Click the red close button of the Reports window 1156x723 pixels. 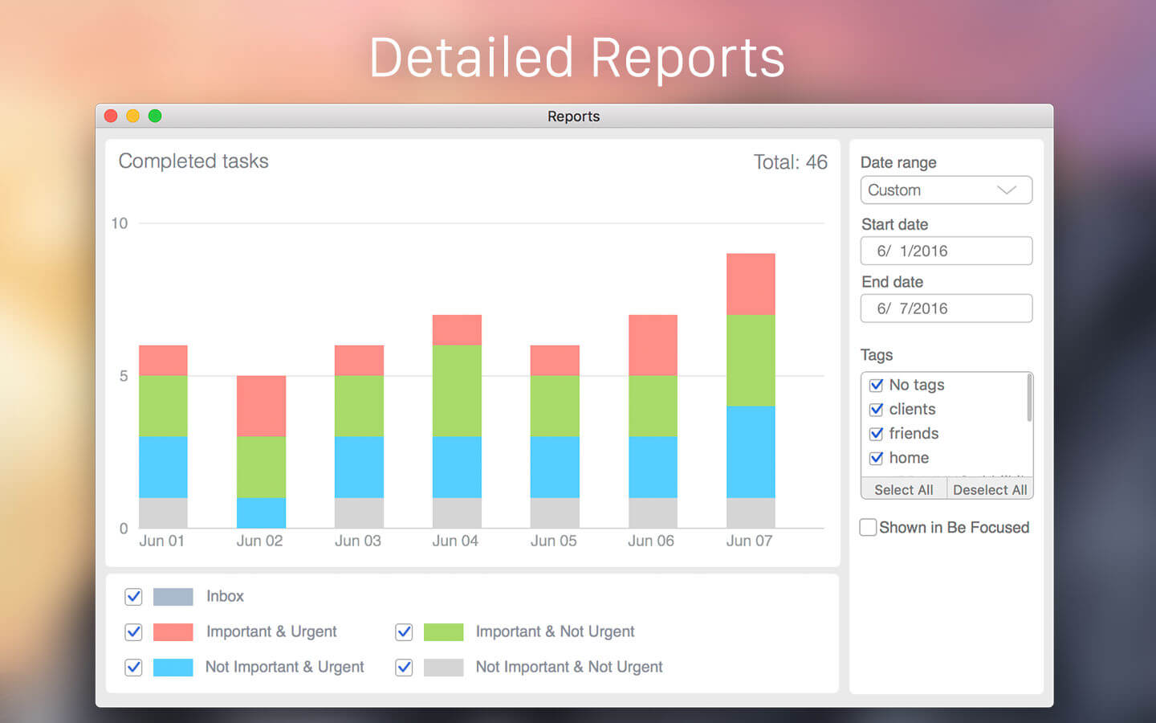pos(111,116)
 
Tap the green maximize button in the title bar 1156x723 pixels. pos(155,116)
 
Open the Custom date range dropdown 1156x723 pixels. pos(946,190)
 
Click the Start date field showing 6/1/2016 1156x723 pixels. pos(946,251)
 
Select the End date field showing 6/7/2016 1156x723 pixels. pos(946,308)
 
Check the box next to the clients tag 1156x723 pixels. pos(877,410)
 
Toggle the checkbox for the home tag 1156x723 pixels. pos(877,458)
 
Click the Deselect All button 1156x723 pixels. pos(990,489)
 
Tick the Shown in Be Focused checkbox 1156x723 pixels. pos(868,527)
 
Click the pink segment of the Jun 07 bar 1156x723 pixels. pos(751,284)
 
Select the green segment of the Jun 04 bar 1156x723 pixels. pos(457,391)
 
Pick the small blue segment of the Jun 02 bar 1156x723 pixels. pos(261,513)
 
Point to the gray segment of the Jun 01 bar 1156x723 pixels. pos(163,513)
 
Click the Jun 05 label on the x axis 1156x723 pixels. pos(554,541)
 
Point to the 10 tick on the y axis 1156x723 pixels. pos(120,223)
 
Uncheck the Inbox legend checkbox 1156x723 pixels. pos(133,596)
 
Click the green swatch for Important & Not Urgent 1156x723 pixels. pos(443,632)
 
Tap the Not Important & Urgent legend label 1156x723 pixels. pos(285,667)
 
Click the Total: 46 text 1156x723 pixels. pos(791,162)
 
